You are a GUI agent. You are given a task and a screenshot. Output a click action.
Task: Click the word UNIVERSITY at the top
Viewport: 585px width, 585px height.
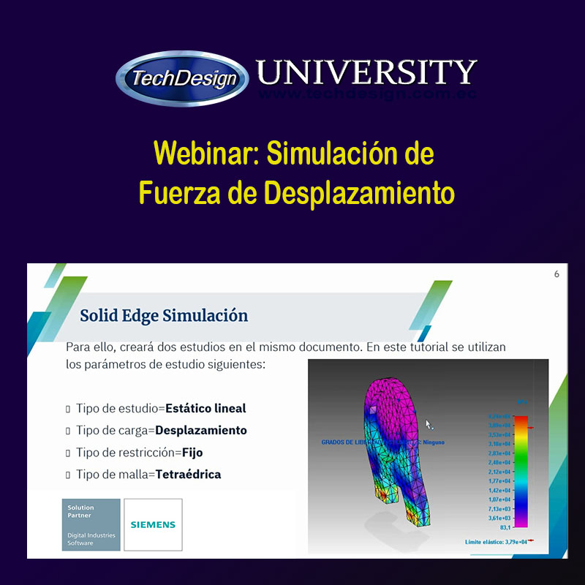coord(366,72)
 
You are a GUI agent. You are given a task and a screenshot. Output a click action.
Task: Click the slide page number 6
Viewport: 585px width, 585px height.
coord(556,274)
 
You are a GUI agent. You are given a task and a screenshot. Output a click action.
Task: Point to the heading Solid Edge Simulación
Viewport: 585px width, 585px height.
coord(164,316)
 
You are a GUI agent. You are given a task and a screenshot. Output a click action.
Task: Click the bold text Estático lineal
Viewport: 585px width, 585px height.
coord(205,409)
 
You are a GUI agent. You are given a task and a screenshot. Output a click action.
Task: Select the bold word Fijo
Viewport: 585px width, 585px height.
coord(192,453)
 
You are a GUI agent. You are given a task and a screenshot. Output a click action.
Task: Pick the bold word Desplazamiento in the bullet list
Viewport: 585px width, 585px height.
coord(201,431)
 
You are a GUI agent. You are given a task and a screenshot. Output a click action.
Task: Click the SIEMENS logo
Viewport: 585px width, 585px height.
coord(153,524)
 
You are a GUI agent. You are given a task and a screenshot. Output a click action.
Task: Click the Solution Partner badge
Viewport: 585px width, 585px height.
coord(91,524)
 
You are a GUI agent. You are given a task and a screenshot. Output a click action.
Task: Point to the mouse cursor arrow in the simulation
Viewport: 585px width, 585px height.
coord(429,424)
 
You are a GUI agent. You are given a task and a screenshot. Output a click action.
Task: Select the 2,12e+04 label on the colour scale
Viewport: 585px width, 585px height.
coord(499,472)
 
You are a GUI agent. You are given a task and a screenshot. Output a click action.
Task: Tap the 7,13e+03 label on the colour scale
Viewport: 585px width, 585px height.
coord(499,508)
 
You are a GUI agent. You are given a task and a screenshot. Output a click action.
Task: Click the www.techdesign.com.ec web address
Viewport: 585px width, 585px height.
coord(367,94)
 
